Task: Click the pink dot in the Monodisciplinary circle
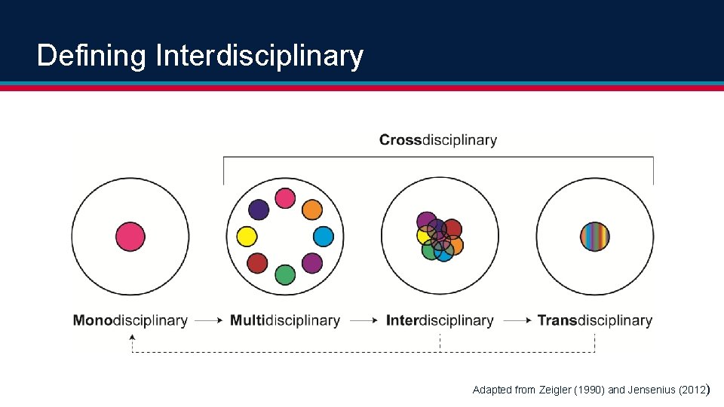click(130, 236)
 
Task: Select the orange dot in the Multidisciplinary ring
click(312, 210)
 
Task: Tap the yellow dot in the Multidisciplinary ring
click(247, 237)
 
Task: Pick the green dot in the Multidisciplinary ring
click(284, 274)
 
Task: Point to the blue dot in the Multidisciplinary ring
click(323, 237)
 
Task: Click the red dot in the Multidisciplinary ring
click(258, 263)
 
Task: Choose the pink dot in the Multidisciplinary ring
click(284, 198)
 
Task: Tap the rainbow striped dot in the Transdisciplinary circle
click(594, 236)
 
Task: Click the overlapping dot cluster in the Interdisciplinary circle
click(439, 237)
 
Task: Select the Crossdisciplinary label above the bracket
click(438, 140)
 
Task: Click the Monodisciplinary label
click(130, 320)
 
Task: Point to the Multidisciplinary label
click(284, 320)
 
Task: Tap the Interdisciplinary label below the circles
click(440, 320)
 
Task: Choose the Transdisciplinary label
click(594, 320)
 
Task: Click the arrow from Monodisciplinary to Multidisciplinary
click(208, 320)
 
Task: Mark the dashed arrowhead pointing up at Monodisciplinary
click(133, 338)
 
